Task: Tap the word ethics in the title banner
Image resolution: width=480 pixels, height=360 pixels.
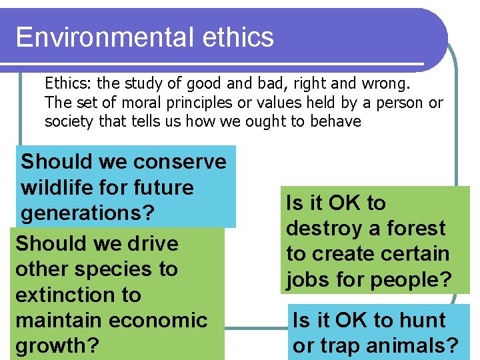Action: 242,37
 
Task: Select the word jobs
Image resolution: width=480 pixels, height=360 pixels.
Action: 308,280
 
